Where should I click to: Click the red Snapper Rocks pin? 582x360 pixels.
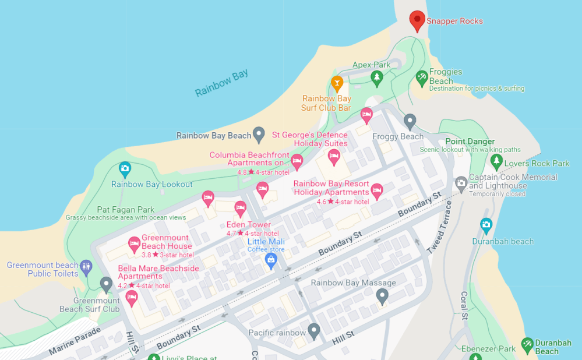tap(417, 20)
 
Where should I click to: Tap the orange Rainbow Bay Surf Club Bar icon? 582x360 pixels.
tap(337, 83)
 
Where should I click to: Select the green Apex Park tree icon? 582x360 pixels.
tap(377, 77)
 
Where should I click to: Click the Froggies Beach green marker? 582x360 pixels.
tap(422, 77)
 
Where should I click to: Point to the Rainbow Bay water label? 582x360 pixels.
tap(221, 83)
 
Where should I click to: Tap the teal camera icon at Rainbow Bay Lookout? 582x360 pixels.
tap(125, 170)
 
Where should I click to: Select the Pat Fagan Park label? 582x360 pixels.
tap(126, 210)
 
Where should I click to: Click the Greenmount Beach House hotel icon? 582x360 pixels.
tap(134, 243)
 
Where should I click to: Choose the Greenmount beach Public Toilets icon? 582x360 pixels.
tap(86, 267)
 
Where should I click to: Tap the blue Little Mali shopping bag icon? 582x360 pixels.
tap(270, 260)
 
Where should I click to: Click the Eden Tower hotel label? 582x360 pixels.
tap(248, 225)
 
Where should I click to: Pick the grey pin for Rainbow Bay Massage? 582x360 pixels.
tap(382, 296)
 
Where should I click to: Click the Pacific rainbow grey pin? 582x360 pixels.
tap(314, 331)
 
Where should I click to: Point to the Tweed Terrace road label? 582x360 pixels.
tap(440, 227)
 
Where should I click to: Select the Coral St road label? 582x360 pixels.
tap(465, 305)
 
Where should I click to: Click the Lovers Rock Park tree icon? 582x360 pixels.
tap(496, 161)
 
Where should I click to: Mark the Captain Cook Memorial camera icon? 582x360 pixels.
tap(461, 183)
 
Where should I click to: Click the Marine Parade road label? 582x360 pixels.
tap(75, 341)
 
